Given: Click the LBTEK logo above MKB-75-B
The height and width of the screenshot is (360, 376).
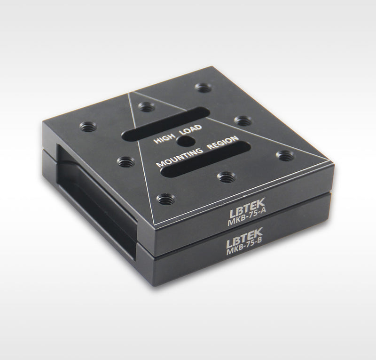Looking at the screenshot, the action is point(244,237).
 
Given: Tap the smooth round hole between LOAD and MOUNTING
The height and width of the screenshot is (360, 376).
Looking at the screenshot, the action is point(186,142).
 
